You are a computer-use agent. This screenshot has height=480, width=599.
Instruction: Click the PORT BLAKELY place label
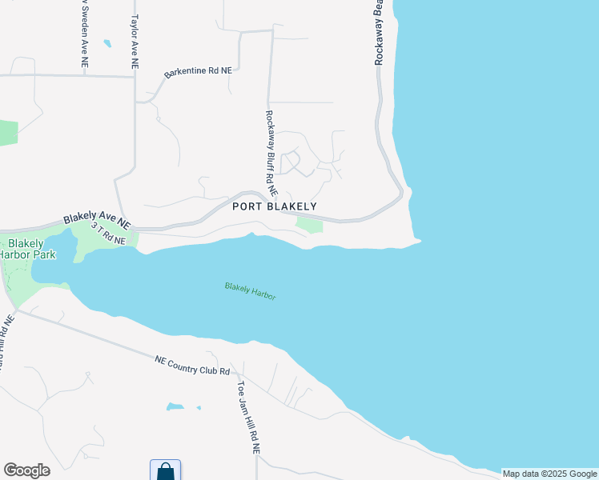(x=275, y=206)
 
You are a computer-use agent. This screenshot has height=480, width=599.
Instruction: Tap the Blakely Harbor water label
(x=250, y=290)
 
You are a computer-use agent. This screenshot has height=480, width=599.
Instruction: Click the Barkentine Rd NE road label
(x=198, y=72)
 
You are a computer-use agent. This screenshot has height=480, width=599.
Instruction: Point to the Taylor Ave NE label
(x=135, y=41)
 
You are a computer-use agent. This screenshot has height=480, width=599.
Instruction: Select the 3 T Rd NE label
(x=108, y=234)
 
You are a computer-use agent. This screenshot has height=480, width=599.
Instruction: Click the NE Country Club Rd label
(x=193, y=366)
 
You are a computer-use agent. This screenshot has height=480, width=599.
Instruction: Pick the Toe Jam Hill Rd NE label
(x=247, y=417)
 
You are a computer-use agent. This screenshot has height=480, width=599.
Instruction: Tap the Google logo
(x=26, y=470)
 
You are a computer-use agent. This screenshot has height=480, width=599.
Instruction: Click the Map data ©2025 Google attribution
(x=550, y=474)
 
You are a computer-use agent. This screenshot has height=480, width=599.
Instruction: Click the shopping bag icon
(x=165, y=470)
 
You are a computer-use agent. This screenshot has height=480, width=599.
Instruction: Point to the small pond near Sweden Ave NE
(x=107, y=43)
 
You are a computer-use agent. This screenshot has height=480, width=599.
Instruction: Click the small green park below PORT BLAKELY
(x=308, y=226)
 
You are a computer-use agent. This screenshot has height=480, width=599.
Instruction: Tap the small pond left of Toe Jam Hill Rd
(x=174, y=406)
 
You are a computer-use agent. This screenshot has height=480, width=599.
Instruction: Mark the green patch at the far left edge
(x=7, y=132)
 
